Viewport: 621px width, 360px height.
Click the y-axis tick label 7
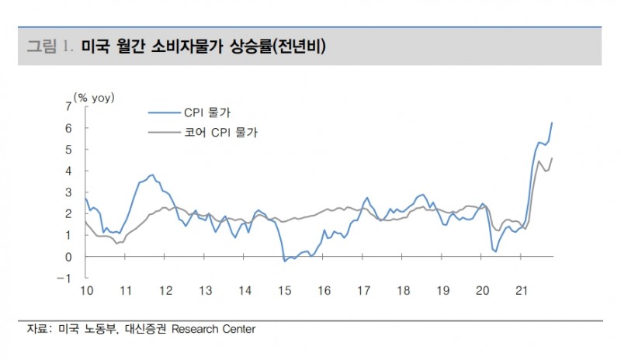[69, 106]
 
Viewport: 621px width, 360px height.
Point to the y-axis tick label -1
[68, 279]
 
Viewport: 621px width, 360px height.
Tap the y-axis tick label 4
[69, 171]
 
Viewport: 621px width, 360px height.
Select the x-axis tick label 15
[284, 291]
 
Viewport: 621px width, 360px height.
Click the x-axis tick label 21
[522, 291]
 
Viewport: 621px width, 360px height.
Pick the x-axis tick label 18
[403, 291]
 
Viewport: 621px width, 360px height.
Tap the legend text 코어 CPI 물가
[223, 133]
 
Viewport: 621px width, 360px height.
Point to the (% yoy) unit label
[94, 97]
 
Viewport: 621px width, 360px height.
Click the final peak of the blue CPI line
[552, 123]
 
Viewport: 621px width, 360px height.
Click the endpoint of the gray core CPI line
[552, 158]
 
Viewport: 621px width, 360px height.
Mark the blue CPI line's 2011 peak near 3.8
[152, 175]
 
